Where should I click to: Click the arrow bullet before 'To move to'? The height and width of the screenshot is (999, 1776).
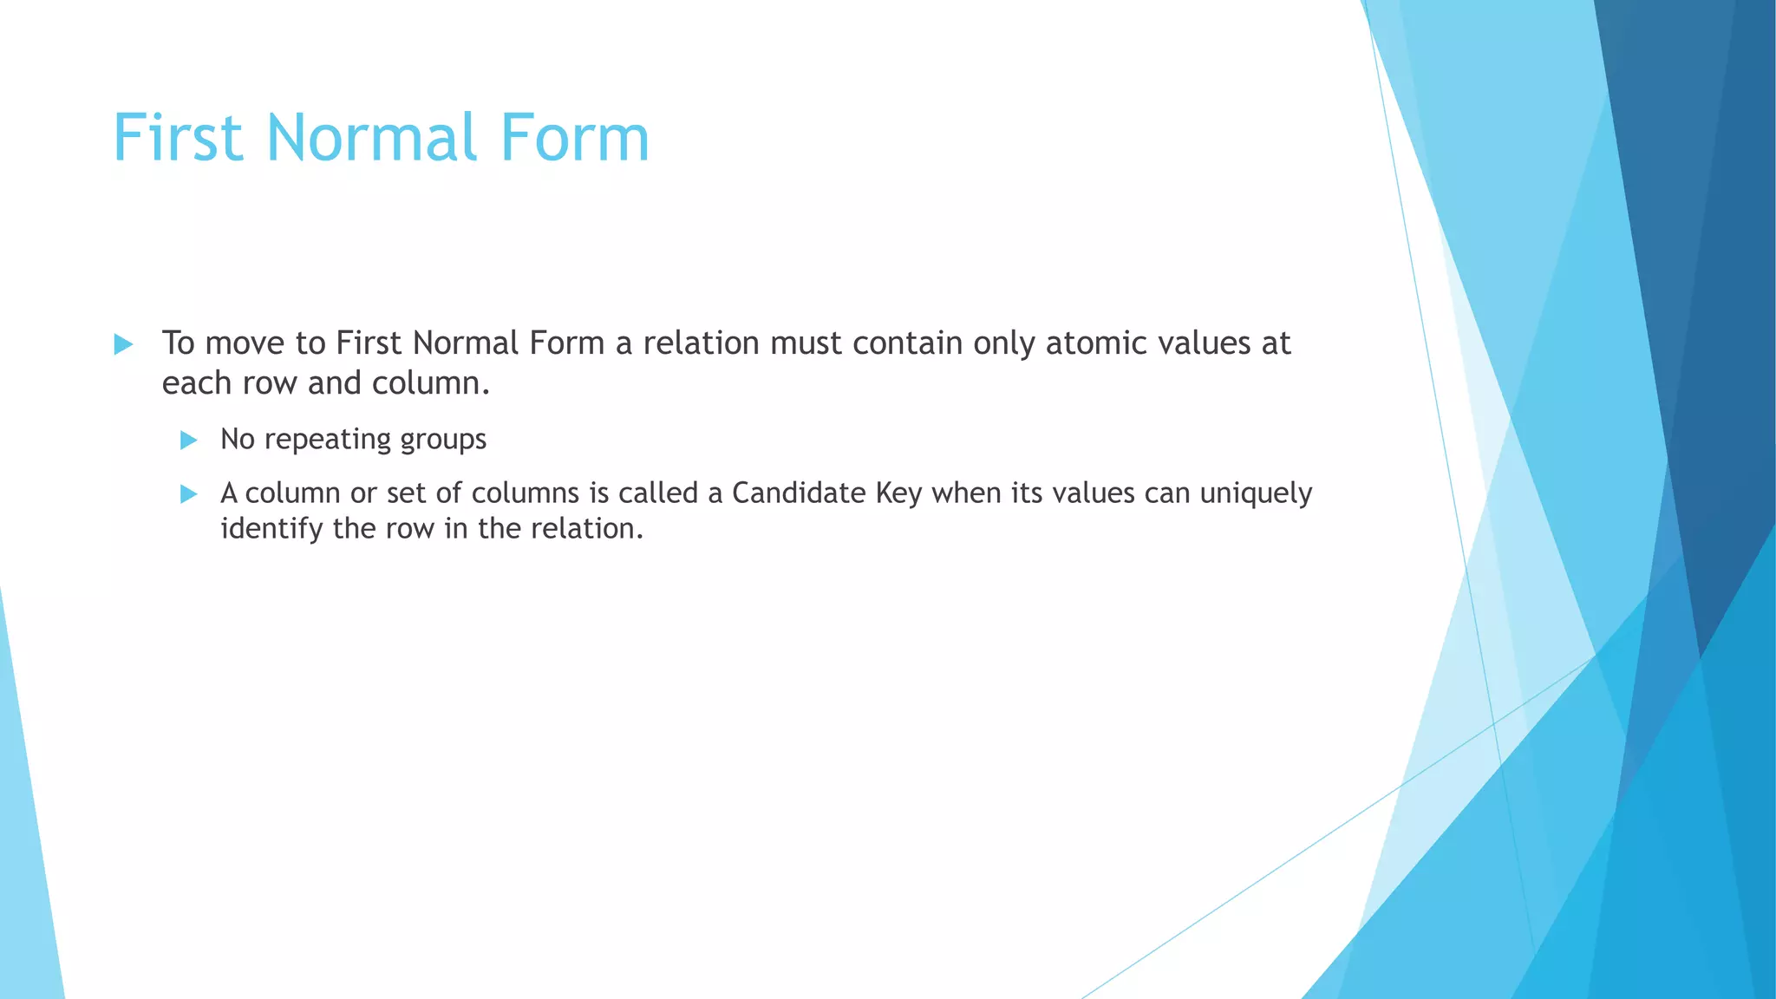tap(123, 345)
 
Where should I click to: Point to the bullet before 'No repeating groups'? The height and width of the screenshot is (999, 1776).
tap(188, 441)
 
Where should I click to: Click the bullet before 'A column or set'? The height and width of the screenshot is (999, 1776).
tap(188, 494)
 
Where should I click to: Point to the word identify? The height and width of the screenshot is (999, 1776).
tap(271, 529)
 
